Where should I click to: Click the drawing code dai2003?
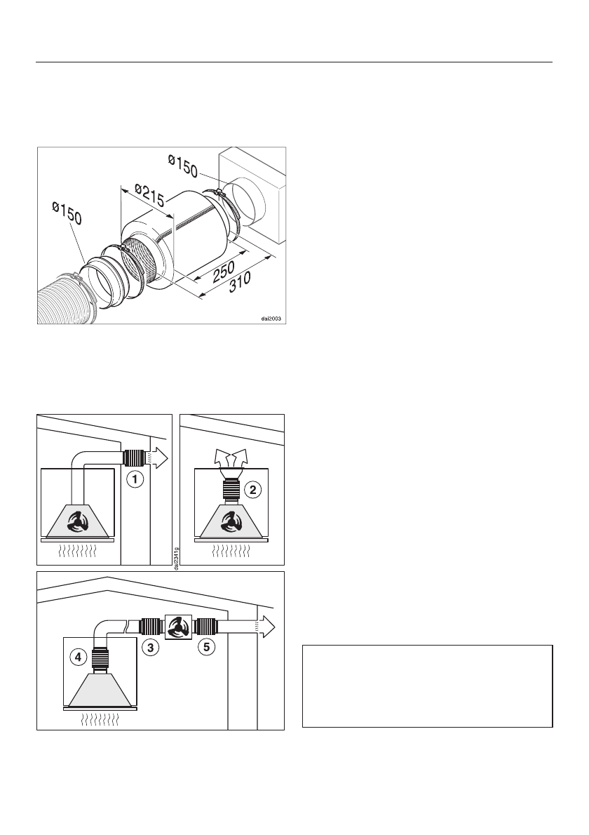tap(271, 317)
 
